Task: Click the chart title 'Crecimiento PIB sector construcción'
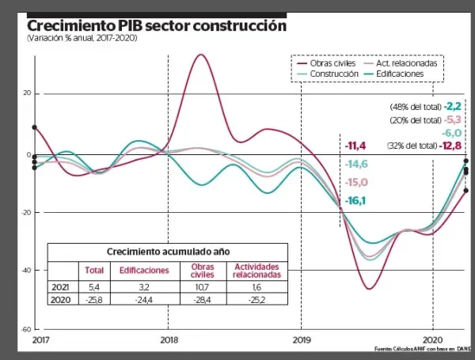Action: coord(156,25)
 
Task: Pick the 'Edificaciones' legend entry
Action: coord(399,74)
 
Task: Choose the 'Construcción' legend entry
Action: coord(335,74)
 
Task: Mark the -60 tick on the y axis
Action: coord(25,328)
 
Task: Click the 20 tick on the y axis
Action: coord(25,94)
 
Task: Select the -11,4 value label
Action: coord(355,146)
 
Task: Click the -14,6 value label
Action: coord(356,164)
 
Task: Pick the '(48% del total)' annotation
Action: coord(415,106)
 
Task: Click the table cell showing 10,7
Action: coord(203,287)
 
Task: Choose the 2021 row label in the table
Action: coord(59,287)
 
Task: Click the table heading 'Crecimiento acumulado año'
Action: coord(167,251)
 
